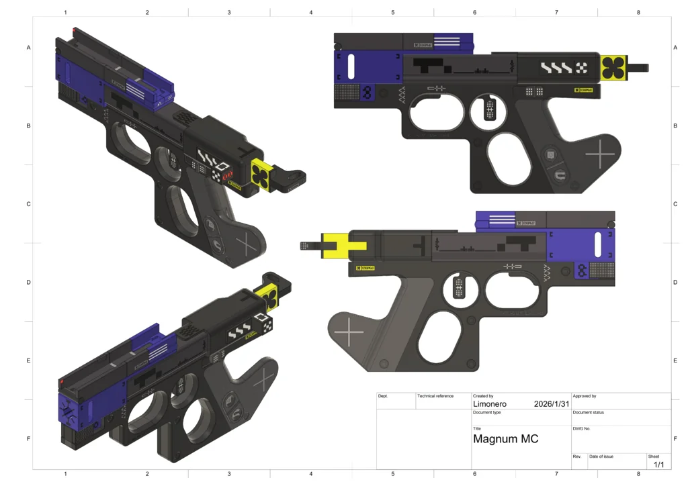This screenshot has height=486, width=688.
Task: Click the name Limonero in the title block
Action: point(490,404)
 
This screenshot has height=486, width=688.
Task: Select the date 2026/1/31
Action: point(552,404)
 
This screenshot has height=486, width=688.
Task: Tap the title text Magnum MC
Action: point(505,439)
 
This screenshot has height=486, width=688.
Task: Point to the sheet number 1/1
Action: point(658,464)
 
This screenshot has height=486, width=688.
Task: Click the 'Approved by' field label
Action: point(585,396)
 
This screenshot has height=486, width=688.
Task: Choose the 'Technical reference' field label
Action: point(435,396)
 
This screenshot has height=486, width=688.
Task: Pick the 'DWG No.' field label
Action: point(581,428)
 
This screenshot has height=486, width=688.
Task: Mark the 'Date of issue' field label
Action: point(601,456)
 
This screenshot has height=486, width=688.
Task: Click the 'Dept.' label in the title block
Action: point(383,396)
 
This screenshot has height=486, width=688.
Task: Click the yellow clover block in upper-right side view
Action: point(613,68)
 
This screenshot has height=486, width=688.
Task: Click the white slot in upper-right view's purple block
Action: point(351,68)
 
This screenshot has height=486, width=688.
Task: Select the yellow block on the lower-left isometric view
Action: point(270,296)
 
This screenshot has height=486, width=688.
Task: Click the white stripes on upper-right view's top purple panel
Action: point(447,41)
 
